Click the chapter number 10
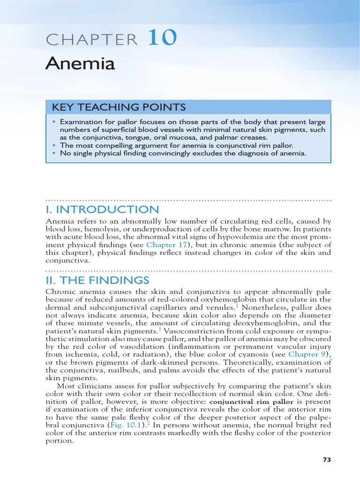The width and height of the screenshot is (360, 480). point(163,37)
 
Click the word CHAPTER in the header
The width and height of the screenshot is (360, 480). point(92,40)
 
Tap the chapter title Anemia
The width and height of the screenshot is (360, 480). point(80,63)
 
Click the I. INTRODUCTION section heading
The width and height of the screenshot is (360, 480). point(102,209)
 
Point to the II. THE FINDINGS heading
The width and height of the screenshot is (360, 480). point(97,280)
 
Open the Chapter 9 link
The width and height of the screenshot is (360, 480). point(307,354)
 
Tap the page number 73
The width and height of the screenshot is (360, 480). point(327,459)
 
